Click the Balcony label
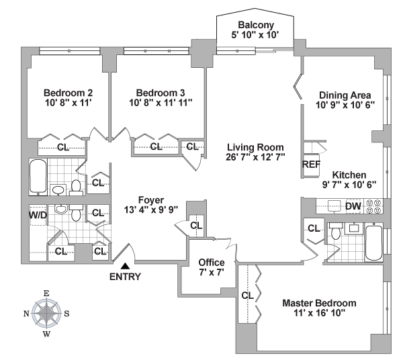(x=255, y=25)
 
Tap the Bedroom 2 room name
(x=68, y=93)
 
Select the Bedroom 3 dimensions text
(x=161, y=103)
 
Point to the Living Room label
(x=255, y=147)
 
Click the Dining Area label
(x=345, y=95)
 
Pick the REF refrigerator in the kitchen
(x=311, y=165)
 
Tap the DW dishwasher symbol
(x=353, y=206)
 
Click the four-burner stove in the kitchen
(x=373, y=206)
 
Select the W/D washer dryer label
(x=38, y=215)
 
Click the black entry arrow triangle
(x=125, y=266)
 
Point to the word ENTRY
(x=125, y=277)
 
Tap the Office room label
(x=212, y=263)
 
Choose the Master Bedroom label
(x=319, y=303)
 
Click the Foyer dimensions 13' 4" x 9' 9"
(x=151, y=210)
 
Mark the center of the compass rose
(x=46, y=313)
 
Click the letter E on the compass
(x=46, y=294)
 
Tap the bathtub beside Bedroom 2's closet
(x=38, y=176)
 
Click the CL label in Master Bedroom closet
(x=247, y=296)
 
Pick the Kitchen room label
(x=349, y=175)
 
